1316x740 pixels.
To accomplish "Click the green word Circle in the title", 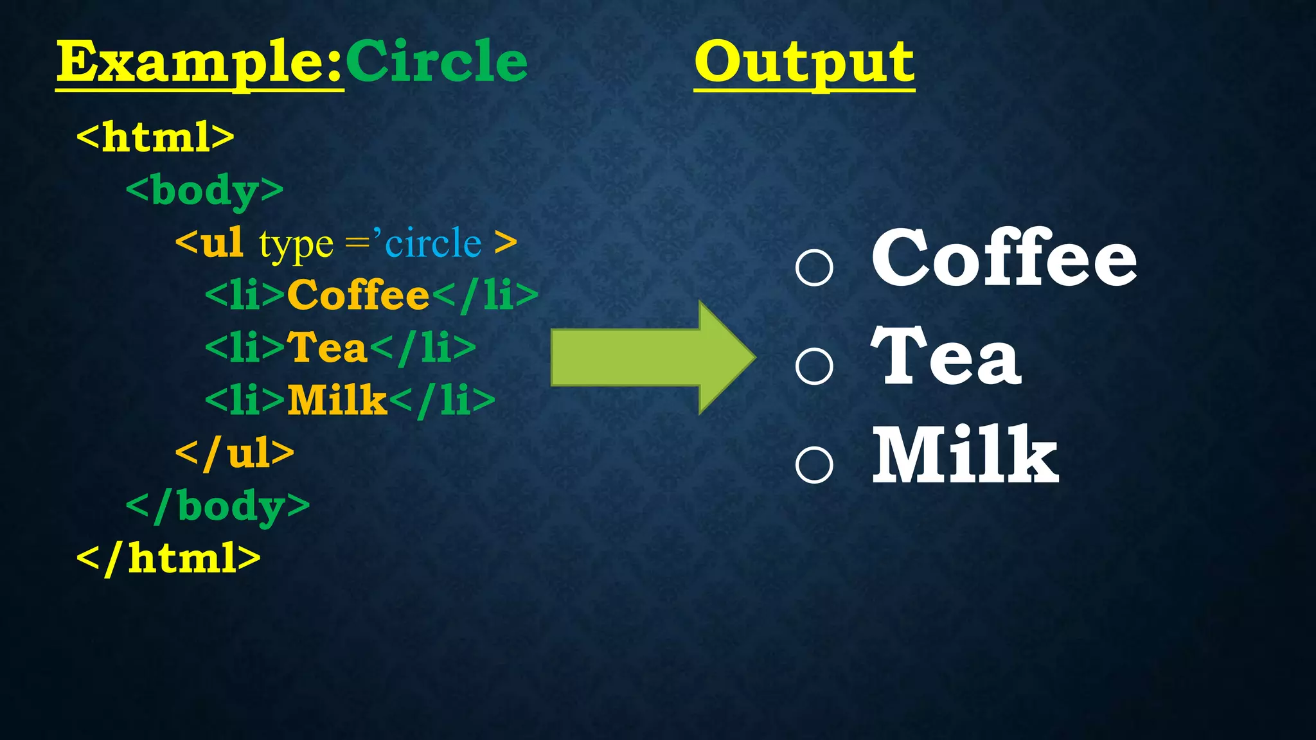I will coord(436,62).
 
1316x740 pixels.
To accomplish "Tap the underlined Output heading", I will coord(804,63).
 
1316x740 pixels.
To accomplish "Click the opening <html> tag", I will coord(156,136).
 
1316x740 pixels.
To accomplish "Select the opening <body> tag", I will coord(204,191).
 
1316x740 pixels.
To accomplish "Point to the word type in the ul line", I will coord(296,245).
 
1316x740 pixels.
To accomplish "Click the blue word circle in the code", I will coord(433,243).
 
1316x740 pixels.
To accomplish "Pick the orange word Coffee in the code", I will coord(358,295).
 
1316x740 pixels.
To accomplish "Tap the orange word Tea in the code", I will coord(326,348).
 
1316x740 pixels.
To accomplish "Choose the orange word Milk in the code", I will coord(337,400).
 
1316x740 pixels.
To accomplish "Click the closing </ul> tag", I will coord(235,453).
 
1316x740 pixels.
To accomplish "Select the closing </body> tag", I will coord(218,506).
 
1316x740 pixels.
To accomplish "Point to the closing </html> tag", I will coord(168,558).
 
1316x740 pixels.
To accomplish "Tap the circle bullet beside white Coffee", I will coord(814,267).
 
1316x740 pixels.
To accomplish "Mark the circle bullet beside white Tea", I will coord(814,366).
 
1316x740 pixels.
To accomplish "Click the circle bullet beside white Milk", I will coord(814,464).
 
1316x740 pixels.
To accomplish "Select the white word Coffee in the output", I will coord(1004,258).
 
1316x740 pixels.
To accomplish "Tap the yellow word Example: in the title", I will coord(200,62).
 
